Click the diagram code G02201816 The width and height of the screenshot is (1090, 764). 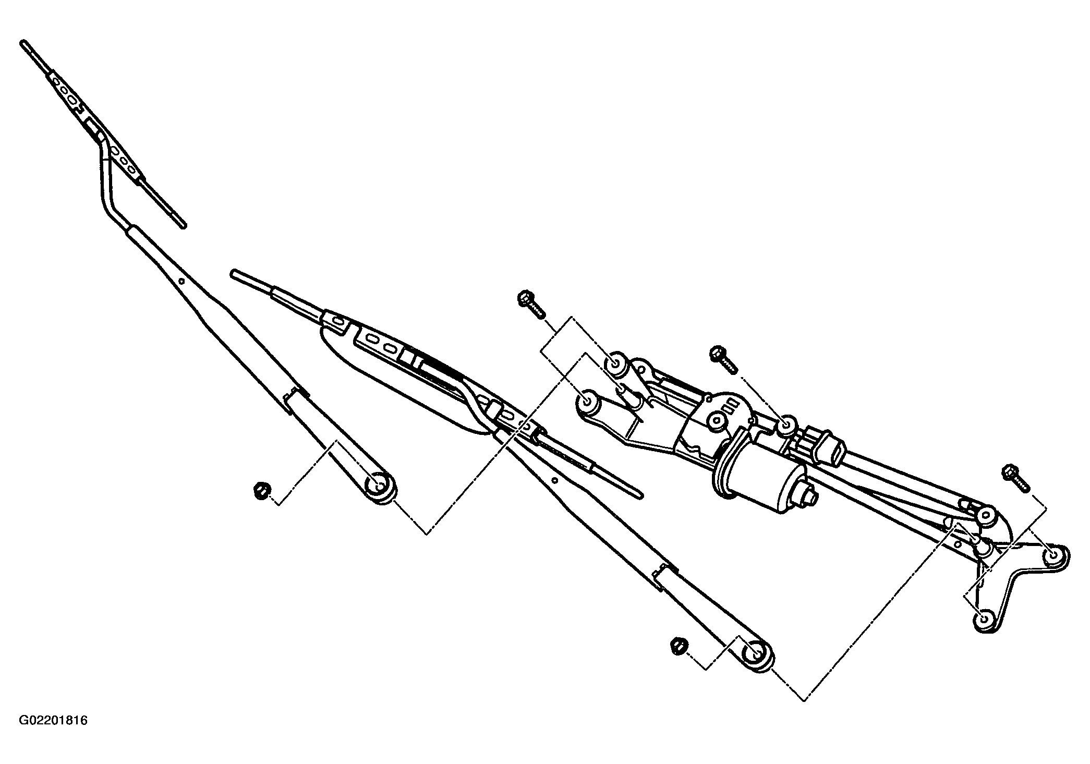pyautogui.click(x=53, y=721)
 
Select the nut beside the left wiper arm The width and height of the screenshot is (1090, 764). pyautogui.click(x=262, y=491)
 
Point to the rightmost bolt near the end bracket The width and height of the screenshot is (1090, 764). pyautogui.click(x=1014, y=477)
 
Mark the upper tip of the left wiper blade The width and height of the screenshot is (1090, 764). pyautogui.click(x=23, y=43)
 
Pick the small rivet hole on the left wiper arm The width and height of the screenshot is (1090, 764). pyautogui.click(x=181, y=281)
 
